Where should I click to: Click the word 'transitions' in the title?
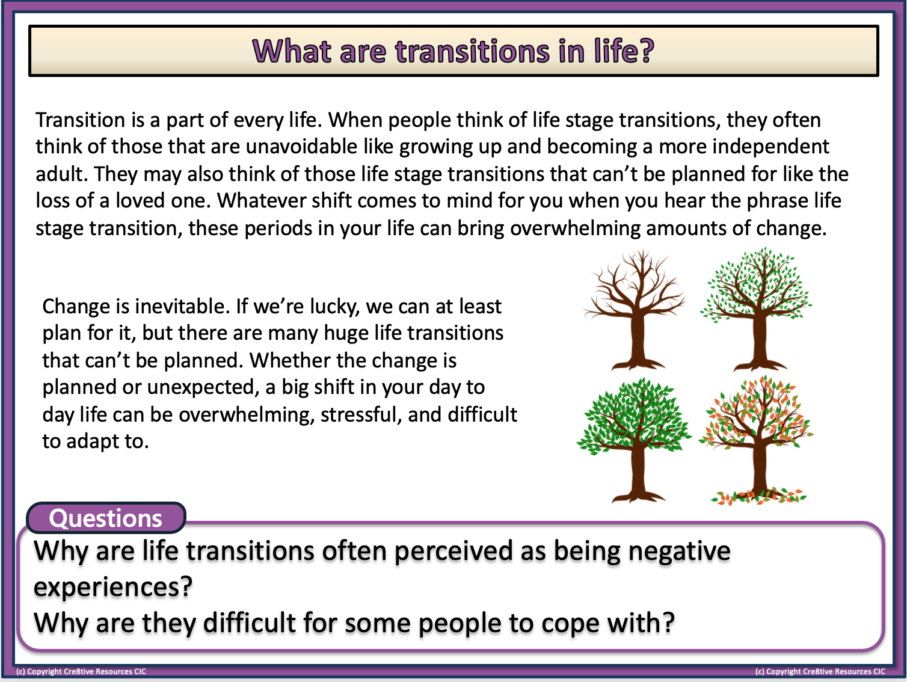click(x=472, y=51)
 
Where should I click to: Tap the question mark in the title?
click(x=647, y=51)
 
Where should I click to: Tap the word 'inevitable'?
click(x=180, y=307)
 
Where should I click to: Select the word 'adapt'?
click(x=93, y=442)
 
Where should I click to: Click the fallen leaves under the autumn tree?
click(x=758, y=497)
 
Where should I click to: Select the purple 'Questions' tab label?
click(x=106, y=518)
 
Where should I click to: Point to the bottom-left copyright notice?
click(x=81, y=672)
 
